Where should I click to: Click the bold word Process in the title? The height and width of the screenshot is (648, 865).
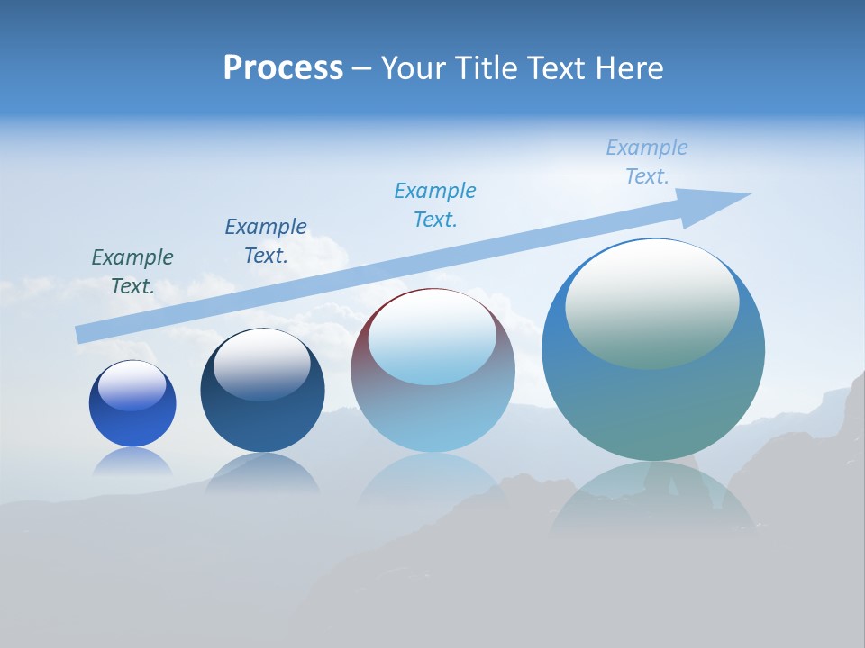point(283,68)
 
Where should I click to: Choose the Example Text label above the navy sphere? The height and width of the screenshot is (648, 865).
point(266,241)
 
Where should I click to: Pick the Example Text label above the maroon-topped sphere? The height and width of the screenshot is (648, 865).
point(435,205)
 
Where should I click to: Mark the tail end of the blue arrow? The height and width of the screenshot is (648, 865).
point(81,334)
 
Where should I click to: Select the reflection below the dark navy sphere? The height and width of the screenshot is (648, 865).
point(262,472)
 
